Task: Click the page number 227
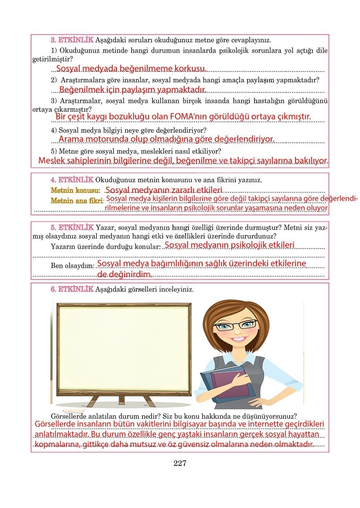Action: point(180,463)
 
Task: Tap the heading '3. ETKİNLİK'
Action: point(72,40)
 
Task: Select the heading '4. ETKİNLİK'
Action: point(72,180)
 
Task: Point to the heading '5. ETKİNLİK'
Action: point(72,228)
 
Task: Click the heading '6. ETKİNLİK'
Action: point(72,289)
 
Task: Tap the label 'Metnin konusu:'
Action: point(75,190)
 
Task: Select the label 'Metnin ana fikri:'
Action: point(77,200)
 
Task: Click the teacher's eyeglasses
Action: point(236,325)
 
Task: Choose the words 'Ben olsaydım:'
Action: point(73,266)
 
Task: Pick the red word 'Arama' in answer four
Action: point(71,139)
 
